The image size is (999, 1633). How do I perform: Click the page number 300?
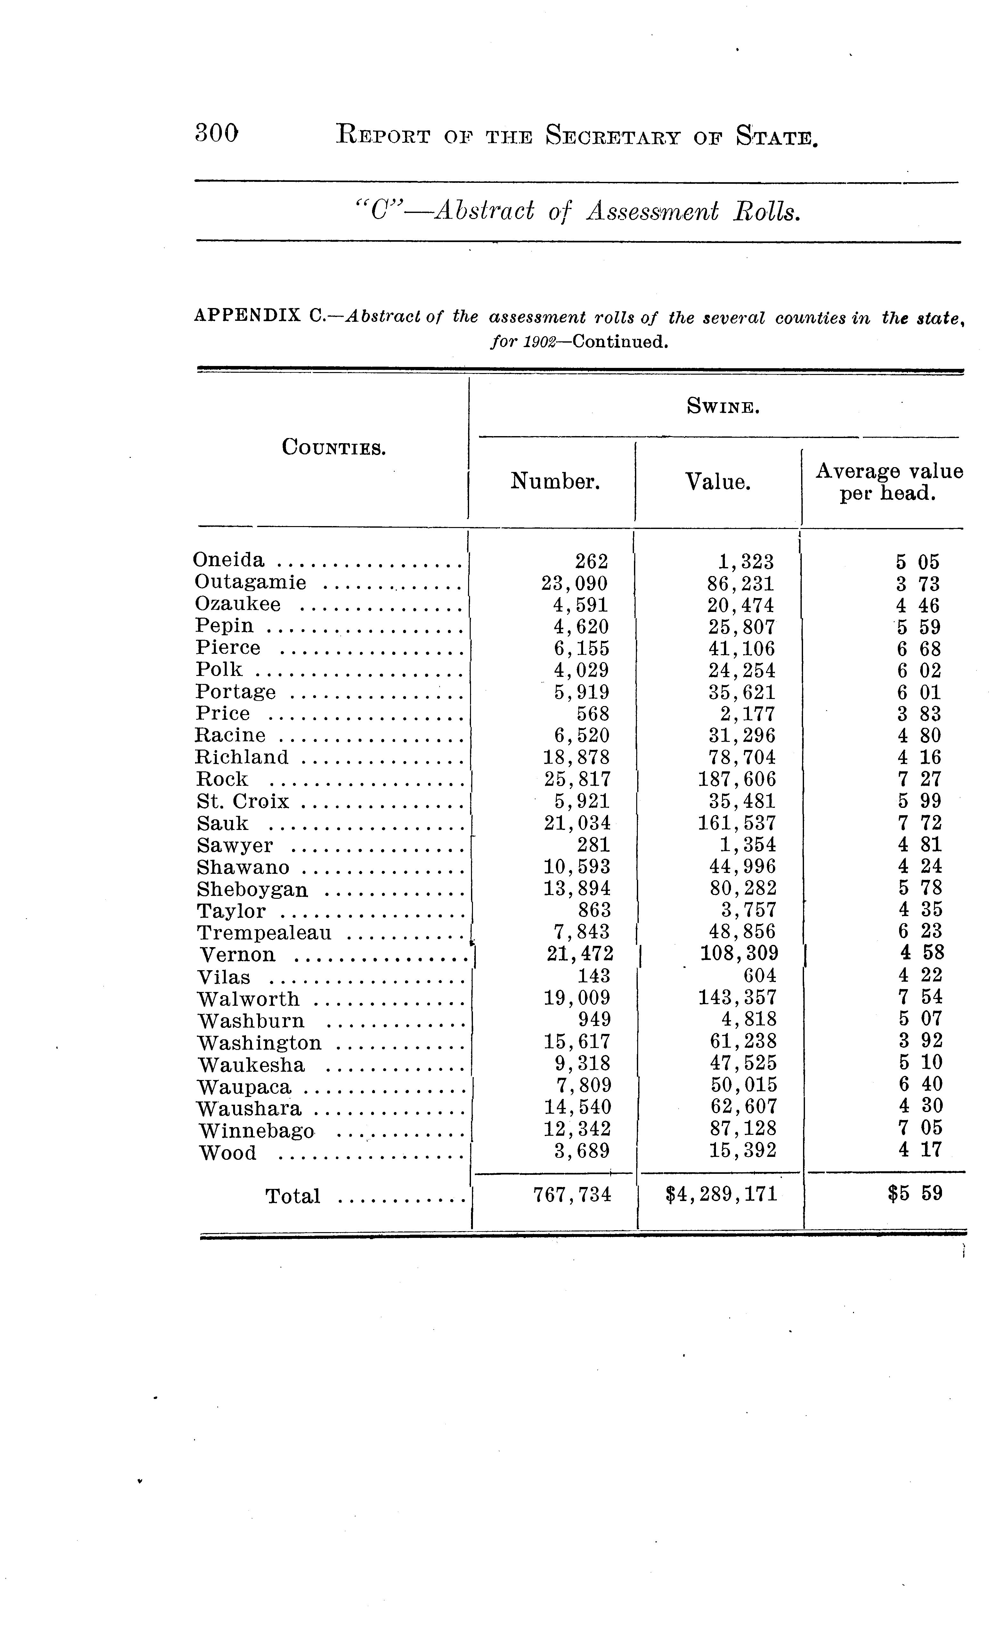tap(217, 134)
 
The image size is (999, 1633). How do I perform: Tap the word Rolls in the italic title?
tap(766, 212)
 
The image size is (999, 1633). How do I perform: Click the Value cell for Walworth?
tap(736, 997)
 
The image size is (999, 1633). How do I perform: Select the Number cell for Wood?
tap(581, 1151)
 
